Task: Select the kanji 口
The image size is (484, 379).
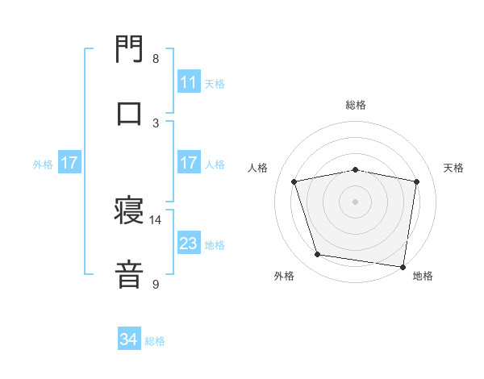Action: tap(129, 113)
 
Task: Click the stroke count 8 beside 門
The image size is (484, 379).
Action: tap(156, 59)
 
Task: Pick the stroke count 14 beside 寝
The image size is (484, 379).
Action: tap(156, 219)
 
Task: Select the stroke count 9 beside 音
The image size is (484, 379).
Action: tap(156, 284)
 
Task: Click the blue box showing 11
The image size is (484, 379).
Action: tap(188, 82)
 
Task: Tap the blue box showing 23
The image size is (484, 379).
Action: tap(188, 244)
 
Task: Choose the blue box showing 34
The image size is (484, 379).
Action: tap(128, 340)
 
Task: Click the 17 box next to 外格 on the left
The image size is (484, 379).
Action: tap(69, 164)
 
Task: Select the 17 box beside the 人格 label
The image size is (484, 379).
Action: tap(188, 164)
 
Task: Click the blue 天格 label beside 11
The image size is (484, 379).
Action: tap(215, 83)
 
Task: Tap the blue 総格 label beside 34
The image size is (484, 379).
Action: tap(155, 341)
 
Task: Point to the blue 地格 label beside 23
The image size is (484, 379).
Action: tap(215, 245)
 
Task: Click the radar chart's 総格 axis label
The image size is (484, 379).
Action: tap(356, 106)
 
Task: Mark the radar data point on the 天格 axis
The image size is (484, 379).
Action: tap(416, 181)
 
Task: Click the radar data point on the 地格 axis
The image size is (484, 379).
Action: tap(402, 265)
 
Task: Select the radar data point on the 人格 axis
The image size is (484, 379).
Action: tap(294, 181)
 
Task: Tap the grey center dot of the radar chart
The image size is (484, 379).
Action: tap(356, 201)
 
